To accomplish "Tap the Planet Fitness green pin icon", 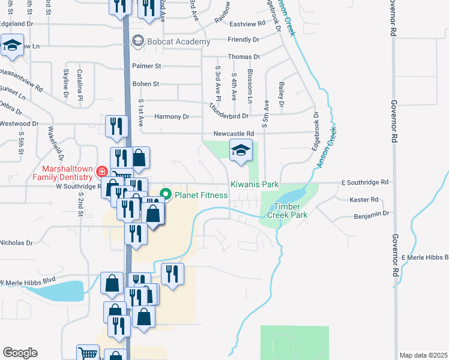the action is click(x=165, y=194).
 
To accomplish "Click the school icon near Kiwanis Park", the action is click(x=241, y=151).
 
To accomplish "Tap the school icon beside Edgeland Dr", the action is click(x=12, y=46).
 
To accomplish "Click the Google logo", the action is click(x=20, y=353).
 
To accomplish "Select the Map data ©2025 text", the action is click(x=423, y=355).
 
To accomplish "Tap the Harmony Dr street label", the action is click(x=172, y=116).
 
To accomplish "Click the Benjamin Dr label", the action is click(x=372, y=213).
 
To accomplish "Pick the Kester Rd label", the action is click(x=366, y=199).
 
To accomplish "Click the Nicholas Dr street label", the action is click(x=16, y=243).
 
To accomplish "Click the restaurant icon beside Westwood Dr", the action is click(x=116, y=125).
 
